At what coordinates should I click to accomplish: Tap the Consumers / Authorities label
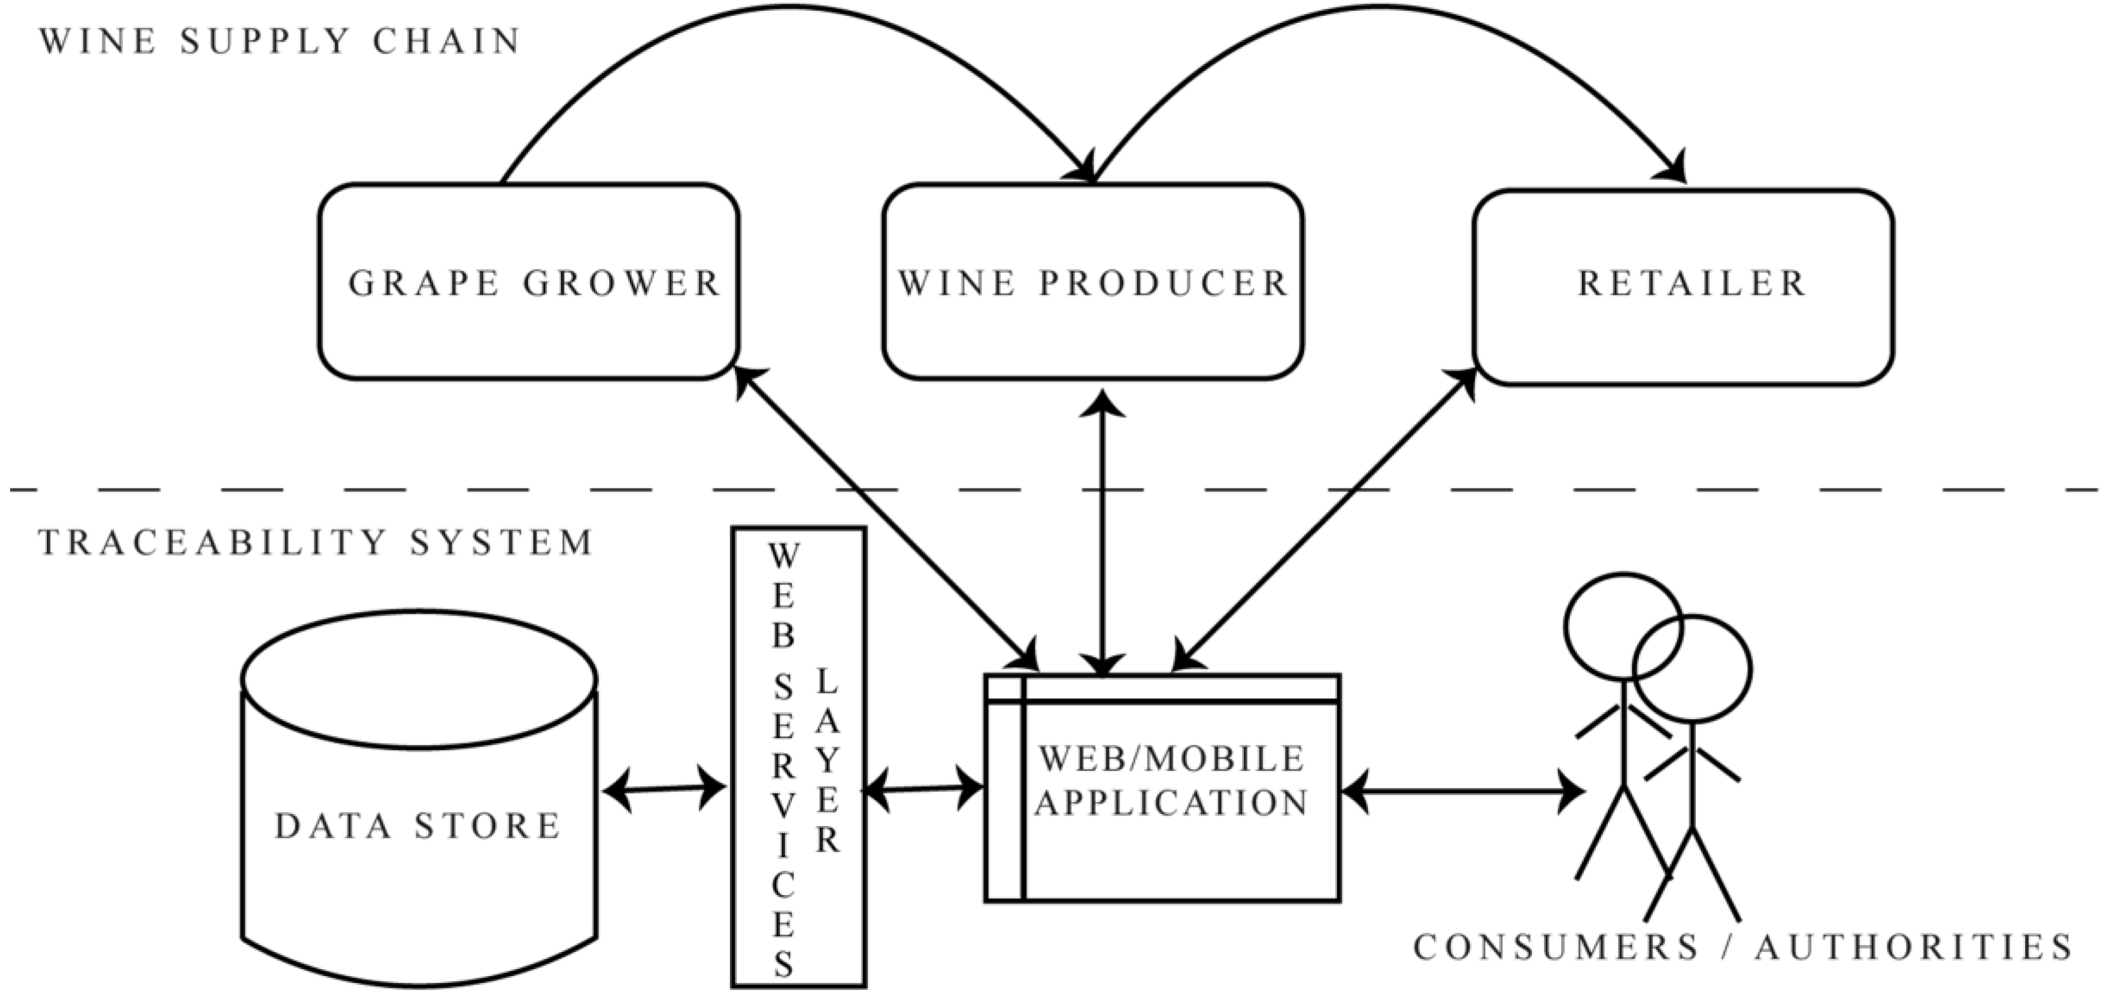(1743, 948)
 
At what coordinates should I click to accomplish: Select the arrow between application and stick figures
(1462, 792)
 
